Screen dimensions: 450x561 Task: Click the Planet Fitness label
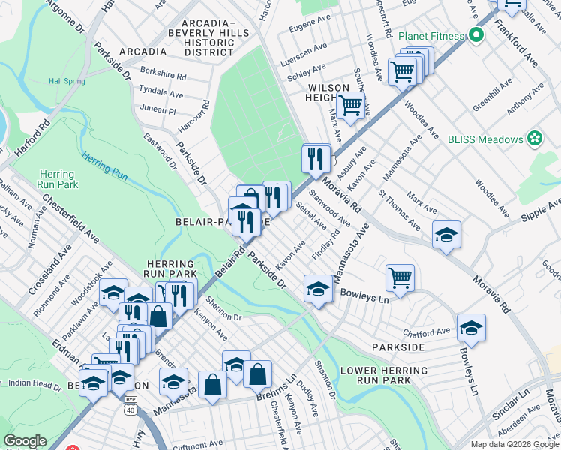[x=430, y=35]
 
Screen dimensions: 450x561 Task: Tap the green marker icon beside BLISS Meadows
[x=534, y=139]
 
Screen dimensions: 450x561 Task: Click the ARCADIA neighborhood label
[x=140, y=52]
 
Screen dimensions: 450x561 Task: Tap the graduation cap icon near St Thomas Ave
[x=446, y=237]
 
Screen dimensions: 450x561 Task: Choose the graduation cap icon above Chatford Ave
[x=471, y=328]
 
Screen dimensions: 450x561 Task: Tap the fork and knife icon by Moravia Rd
[x=316, y=158]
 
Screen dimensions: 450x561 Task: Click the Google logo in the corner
[x=25, y=441]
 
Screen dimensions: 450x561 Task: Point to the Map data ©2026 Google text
[x=514, y=444]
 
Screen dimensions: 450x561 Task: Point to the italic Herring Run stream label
[x=105, y=164]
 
